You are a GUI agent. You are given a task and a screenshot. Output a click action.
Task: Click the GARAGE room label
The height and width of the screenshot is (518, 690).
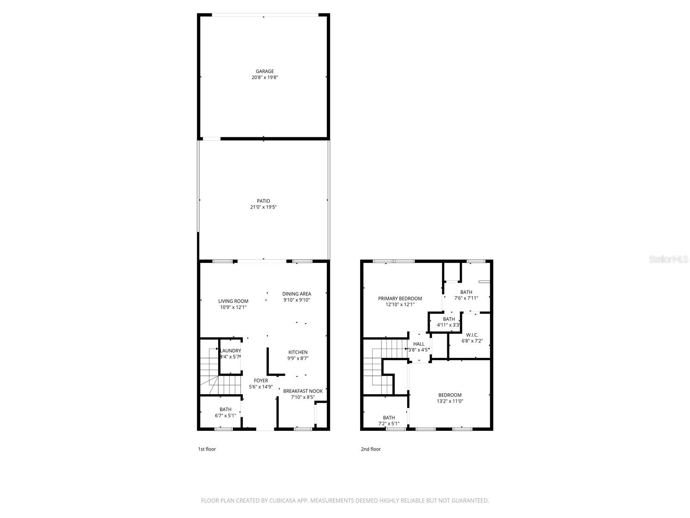coord(264,72)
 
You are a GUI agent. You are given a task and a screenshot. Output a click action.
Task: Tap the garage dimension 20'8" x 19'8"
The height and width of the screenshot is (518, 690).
coord(264,78)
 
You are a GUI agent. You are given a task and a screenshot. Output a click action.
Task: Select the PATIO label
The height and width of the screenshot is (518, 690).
coord(263,201)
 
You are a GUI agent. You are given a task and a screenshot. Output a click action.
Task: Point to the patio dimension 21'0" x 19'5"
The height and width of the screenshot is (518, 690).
coord(263,207)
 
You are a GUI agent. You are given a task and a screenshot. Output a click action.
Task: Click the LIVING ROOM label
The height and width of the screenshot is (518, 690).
coord(233,301)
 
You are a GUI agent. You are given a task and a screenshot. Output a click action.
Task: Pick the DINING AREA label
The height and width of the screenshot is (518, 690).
coord(297,294)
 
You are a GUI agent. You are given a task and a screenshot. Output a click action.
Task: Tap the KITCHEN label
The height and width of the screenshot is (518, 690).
coord(298,352)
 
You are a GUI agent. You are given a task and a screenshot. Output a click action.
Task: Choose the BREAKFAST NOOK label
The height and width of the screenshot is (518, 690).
coord(303,391)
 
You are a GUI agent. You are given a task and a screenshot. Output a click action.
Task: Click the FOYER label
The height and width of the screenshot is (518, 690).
coord(261,381)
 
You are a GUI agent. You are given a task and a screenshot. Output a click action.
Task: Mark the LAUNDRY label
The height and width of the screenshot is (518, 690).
coord(230,351)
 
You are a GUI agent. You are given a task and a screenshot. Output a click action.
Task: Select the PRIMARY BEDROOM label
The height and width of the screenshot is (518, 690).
coord(400,299)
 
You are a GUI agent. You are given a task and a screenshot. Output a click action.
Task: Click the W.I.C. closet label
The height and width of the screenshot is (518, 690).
coord(472,335)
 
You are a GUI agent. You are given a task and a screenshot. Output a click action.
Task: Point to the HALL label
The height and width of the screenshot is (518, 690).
coord(419,344)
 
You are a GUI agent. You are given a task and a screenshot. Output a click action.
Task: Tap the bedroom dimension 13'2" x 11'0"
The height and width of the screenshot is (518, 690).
coord(450,401)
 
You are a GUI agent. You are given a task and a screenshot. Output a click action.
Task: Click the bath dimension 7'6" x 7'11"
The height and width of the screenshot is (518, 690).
coord(466,298)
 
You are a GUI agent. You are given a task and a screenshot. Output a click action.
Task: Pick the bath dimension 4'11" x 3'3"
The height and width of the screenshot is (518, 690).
coord(448,325)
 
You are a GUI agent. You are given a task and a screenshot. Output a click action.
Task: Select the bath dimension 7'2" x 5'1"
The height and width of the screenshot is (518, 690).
coord(389,423)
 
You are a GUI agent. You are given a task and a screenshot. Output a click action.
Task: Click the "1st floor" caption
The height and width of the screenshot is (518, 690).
coord(207,449)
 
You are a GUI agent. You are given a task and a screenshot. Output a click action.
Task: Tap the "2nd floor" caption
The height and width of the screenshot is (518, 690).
coord(371,449)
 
